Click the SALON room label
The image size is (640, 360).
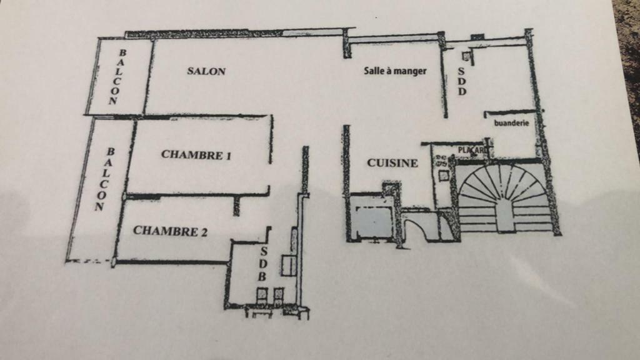coord(206,71)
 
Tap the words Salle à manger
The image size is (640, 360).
coord(395,71)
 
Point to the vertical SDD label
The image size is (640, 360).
coord(462,81)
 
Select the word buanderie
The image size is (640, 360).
coord(511,122)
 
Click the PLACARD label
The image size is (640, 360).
coord(472,150)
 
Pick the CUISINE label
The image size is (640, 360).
coord(392,163)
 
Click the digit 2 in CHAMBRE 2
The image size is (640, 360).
coord(203,232)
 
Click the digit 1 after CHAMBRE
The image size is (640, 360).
coord(228,155)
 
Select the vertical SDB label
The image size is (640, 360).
coord(263,264)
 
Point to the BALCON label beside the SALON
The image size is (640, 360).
coord(117,77)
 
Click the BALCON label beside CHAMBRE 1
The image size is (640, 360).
coord(104,179)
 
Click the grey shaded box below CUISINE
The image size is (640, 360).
coord(374,221)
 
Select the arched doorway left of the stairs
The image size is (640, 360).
coord(420,227)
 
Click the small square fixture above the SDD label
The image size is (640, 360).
coord(465,56)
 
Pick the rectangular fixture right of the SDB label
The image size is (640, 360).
coord(288,265)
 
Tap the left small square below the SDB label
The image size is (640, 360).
coord(262,294)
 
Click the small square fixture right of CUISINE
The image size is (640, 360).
coord(443,176)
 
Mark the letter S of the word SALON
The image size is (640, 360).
coord(190,71)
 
